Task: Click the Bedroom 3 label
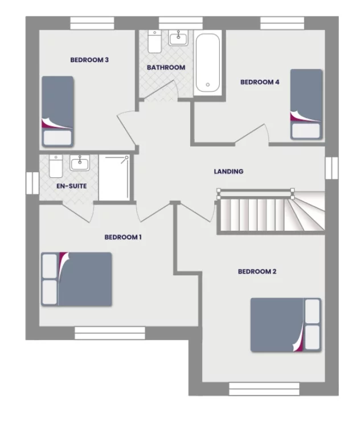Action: [89, 59]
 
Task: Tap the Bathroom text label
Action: [166, 67]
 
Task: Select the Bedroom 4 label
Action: [260, 82]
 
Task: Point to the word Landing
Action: [228, 171]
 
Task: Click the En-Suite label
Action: [67, 186]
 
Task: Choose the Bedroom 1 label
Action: [123, 237]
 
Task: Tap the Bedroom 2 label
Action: [257, 271]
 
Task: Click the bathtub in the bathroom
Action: [208, 64]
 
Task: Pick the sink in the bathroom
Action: [178, 38]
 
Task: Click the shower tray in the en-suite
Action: [114, 177]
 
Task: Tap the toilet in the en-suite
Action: [56, 166]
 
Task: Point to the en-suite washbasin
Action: [79, 164]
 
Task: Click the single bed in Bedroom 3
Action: [58, 112]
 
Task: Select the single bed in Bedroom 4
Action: [306, 104]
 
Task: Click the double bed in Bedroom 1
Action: [76, 279]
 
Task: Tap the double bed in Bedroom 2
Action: [286, 324]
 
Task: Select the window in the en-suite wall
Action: [32, 182]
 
